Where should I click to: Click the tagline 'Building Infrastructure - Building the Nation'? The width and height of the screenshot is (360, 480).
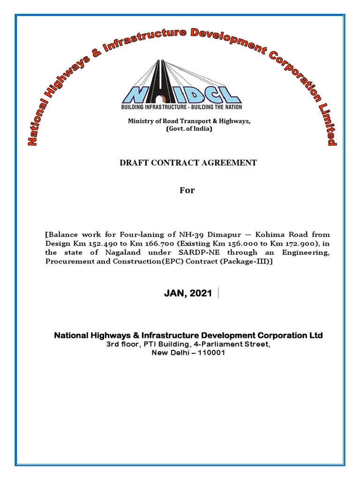(182, 107)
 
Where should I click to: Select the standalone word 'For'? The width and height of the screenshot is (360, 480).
(187, 190)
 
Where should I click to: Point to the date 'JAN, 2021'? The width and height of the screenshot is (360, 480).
(188, 293)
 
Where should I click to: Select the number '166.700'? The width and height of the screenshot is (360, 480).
(143, 243)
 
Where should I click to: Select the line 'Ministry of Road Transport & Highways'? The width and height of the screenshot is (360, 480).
(189, 121)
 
